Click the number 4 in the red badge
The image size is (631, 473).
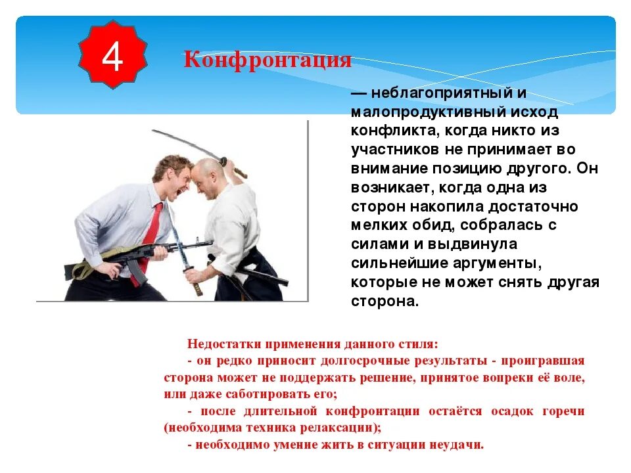pyautogui.click(x=112, y=58)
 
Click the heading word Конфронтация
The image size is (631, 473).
pyautogui.click(x=268, y=60)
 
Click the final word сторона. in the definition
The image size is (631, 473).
pyautogui.click(x=385, y=302)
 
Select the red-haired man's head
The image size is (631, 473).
pyautogui.click(x=173, y=172)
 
